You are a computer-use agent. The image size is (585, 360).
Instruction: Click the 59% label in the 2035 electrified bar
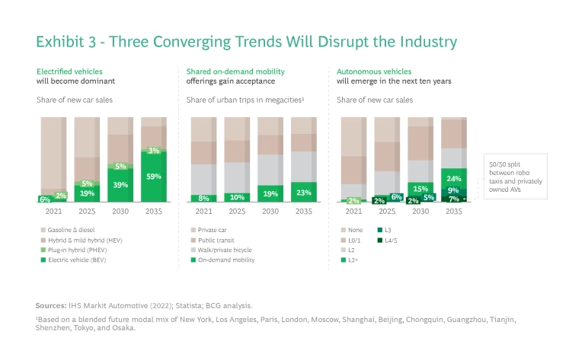(154, 177)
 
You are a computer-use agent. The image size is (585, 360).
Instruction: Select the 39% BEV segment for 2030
(120, 185)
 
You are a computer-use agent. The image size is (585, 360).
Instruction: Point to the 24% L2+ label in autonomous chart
(454, 180)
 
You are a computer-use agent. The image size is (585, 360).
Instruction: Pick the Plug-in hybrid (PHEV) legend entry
(77, 250)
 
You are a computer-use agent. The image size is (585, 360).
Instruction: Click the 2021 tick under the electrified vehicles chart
(53, 211)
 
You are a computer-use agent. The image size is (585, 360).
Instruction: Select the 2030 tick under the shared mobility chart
(270, 211)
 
